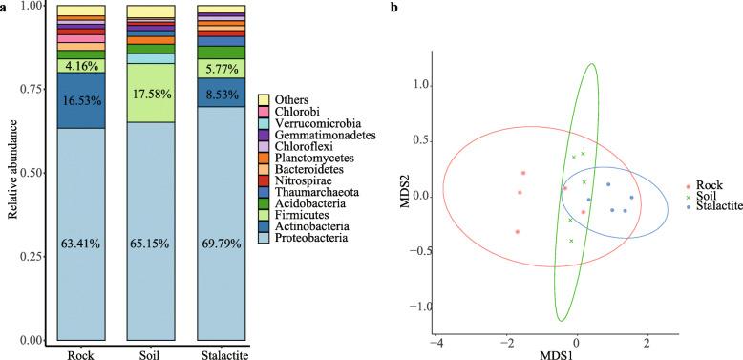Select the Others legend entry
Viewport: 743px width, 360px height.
296,100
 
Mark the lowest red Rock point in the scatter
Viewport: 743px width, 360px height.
517,232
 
